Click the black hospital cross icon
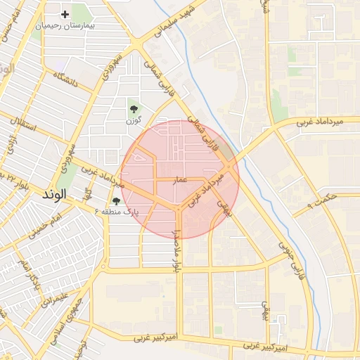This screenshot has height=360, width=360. click(65, 14)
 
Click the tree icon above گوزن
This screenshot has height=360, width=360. click(133, 108)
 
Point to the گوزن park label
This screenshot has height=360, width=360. click(133, 121)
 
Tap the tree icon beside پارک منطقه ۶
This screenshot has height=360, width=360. click(116, 202)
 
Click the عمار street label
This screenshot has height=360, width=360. click(181, 180)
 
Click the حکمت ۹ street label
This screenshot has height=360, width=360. click(323, 202)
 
